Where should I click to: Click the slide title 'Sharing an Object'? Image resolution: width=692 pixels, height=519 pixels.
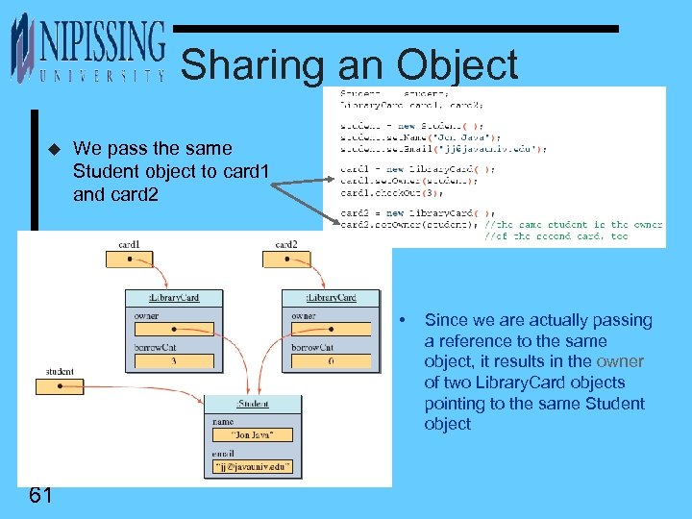[x=349, y=65]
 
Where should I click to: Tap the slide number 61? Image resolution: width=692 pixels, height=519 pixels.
[x=40, y=495]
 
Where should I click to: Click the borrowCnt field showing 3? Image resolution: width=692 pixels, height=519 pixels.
[x=173, y=361]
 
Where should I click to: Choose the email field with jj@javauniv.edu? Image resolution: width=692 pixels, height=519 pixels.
[x=251, y=468]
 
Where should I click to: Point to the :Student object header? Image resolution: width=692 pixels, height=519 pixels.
[x=252, y=402]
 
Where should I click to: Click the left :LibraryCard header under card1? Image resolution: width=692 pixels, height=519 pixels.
[x=174, y=298]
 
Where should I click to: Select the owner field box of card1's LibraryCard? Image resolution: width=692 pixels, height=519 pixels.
[x=173, y=330]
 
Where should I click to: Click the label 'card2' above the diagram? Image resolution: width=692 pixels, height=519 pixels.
[x=285, y=245]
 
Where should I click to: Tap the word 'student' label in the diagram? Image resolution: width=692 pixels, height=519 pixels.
[x=60, y=372]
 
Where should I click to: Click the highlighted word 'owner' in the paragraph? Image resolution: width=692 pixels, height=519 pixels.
[x=620, y=362]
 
